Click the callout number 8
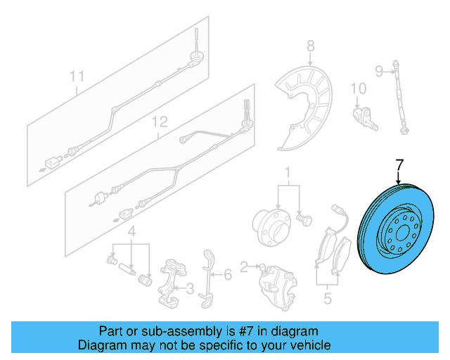click(x=310, y=47)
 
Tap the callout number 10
click(x=359, y=89)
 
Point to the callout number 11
click(x=77, y=75)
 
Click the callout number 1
click(x=287, y=172)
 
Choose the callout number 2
click(x=243, y=266)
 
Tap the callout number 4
click(x=131, y=231)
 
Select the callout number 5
click(x=326, y=298)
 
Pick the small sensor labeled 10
click(x=366, y=117)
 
